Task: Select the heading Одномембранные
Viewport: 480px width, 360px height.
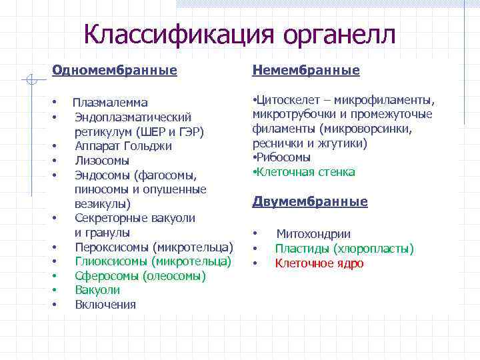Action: [x=114, y=70]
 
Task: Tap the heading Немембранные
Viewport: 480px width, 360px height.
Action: [x=306, y=70]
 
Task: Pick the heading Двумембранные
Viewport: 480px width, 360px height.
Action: [x=310, y=201]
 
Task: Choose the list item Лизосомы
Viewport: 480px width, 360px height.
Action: [x=102, y=161]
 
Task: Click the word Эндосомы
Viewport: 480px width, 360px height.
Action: [x=103, y=175]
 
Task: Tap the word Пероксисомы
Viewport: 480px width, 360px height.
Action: [x=113, y=247]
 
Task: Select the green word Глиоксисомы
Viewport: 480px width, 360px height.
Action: [x=112, y=261]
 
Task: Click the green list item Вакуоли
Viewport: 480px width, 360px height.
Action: [x=97, y=290]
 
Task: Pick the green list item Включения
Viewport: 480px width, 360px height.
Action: [x=105, y=305]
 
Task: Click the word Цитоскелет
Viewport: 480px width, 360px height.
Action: [x=286, y=100]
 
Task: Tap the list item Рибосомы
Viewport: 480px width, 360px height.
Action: [x=283, y=157]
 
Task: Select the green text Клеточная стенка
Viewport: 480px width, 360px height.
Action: [x=305, y=172]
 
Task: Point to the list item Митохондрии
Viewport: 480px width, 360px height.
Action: [x=313, y=234]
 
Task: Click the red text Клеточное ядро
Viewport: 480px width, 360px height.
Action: [x=319, y=263]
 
